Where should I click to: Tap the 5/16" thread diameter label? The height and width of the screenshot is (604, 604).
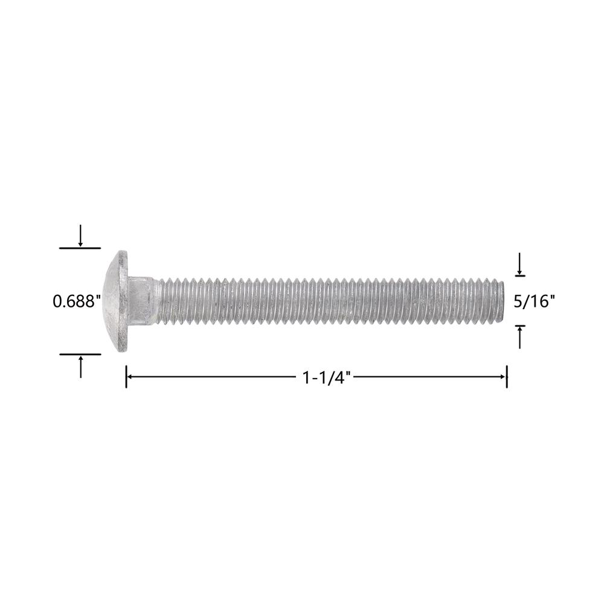click(x=535, y=301)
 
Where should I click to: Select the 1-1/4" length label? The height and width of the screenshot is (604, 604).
click(x=327, y=377)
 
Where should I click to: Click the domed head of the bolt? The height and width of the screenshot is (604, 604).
click(x=115, y=301)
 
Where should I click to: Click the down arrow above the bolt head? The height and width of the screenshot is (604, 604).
click(x=80, y=236)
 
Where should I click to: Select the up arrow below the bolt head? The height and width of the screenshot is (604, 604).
click(x=80, y=367)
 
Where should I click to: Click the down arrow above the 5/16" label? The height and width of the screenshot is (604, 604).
click(x=520, y=263)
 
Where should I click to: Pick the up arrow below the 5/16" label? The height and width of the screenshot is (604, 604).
click(x=520, y=338)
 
